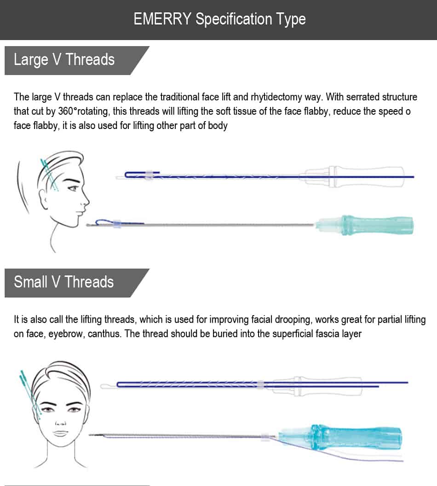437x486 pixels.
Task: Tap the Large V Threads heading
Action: (x=64, y=59)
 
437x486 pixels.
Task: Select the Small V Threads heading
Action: (x=64, y=282)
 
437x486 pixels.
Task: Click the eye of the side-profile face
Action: (x=74, y=188)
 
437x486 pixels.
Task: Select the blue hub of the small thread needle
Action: (x=340, y=437)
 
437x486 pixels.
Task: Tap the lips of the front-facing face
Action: (x=61, y=433)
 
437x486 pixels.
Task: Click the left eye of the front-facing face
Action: (x=47, y=410)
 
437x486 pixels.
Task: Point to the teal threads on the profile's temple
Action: (x=50, y=175)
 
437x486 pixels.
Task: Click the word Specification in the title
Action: (x=234, y=19)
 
